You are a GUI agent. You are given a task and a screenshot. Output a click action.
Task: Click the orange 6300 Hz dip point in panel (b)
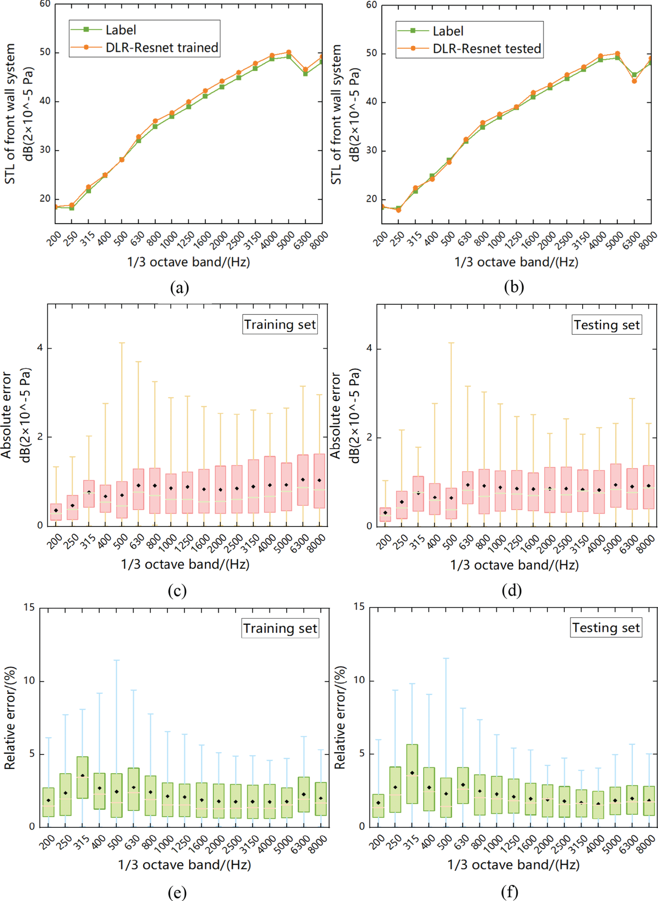(634, 81)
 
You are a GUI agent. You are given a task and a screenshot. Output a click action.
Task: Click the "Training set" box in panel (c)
(280, 324)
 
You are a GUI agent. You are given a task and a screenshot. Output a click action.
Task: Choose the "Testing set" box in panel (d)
(607, 325)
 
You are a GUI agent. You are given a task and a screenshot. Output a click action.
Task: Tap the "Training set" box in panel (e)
(280, 628)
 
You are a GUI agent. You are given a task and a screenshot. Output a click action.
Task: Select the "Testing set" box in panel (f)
(606, 628)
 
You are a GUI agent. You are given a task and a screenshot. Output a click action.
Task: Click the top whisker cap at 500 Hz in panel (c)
(122, 343)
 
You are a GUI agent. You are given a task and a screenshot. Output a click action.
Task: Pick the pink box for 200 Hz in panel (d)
(385, 514)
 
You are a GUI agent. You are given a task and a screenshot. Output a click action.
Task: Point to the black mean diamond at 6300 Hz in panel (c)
(303, 480)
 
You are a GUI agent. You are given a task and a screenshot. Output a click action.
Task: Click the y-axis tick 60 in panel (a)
(45, 4)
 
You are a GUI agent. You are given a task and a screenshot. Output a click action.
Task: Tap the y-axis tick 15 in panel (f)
(359, 606)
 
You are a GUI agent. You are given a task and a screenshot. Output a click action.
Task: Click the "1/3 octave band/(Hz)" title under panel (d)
(514, 565)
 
